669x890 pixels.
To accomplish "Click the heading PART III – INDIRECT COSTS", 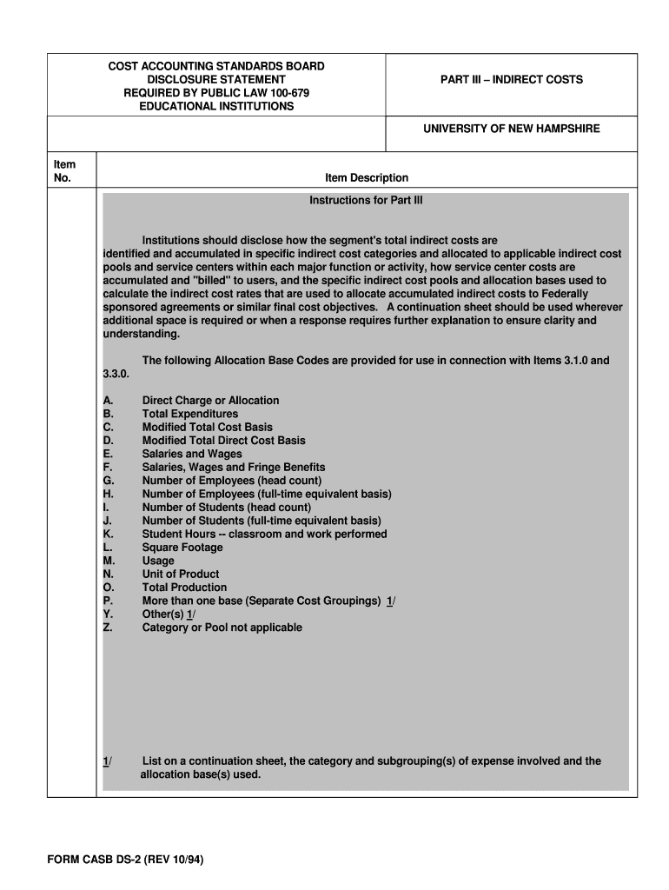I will click(511, 80).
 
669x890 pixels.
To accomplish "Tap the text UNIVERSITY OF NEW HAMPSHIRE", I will click(511, 129).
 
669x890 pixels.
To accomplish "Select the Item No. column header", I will click(64, 171).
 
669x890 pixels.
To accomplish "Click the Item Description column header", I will click(366, 178).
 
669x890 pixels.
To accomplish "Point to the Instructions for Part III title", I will click(366, 200).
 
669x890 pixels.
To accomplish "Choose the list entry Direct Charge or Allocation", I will click(210, 401).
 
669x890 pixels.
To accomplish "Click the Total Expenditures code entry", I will click(189, 415).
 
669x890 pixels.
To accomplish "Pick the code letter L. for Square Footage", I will click(108, 548).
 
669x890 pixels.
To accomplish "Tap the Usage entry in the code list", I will click(158, 561).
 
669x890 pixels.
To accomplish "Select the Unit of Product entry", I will click(181, 574).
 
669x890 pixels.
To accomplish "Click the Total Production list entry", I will click(184, 588).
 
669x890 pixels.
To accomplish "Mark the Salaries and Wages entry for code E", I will click(192, 454).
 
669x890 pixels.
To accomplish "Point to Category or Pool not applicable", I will click(222, 628).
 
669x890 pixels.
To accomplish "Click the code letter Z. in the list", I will click(108, 628).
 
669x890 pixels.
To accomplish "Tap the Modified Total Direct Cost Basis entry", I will click(223, 441).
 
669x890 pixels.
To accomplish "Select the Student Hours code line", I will click(264, 534).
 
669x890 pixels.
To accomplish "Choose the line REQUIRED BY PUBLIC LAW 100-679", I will click(216, 93).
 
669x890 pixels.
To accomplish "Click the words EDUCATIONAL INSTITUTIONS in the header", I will click(216, 106).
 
